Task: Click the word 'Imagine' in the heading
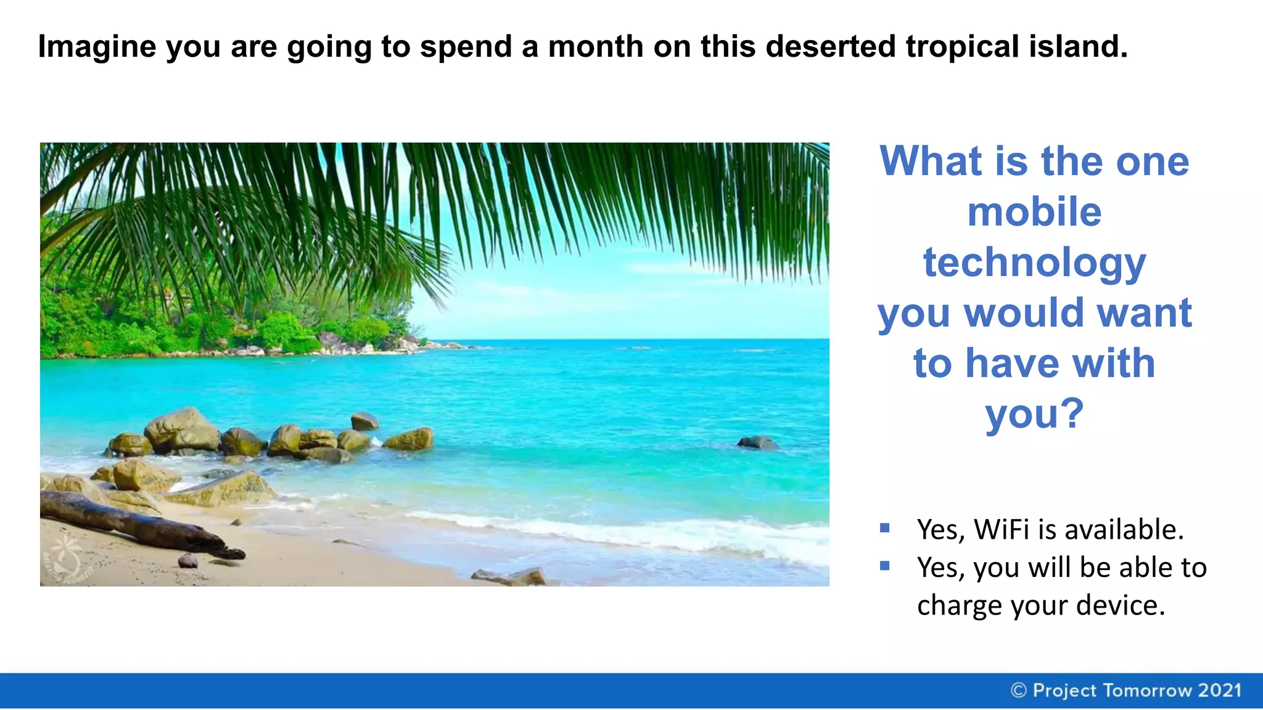[x=97, y=47]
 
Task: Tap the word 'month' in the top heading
[x=595, y=47]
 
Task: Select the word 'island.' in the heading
[x=1078, y=47]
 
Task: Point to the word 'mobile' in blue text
[x=1034, y=212]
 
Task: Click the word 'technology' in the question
[x=1034, y=263]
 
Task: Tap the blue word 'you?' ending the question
[x=1034, y=414]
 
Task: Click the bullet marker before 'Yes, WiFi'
[x=885, y=528]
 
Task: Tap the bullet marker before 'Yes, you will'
[x=885, y=566]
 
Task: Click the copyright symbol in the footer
[x=1019, y=690]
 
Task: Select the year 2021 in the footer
[x=1219, y=690]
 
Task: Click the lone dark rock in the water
[x=758, y=442]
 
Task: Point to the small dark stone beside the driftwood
[x=187, y=561]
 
